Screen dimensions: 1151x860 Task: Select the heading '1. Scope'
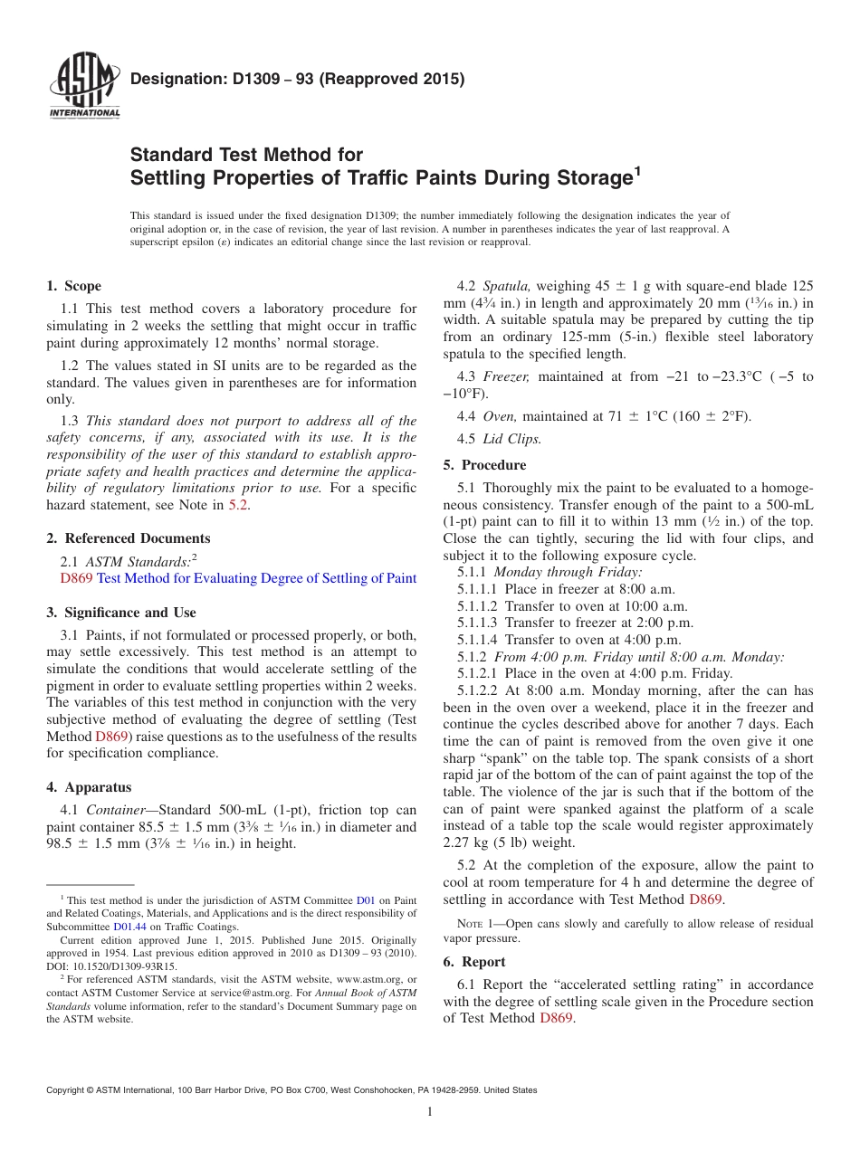point(73,286)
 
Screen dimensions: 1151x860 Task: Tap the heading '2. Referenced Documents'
point(128,538)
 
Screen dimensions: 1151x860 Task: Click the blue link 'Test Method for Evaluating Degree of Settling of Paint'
point(256,578)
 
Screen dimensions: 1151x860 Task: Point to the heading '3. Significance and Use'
point(120,613)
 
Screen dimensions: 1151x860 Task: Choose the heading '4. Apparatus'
point(89,787)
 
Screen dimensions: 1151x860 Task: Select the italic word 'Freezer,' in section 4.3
point(506,376)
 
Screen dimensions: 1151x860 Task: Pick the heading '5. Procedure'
point(484,465)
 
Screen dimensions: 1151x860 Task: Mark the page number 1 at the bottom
point(430,1111)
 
